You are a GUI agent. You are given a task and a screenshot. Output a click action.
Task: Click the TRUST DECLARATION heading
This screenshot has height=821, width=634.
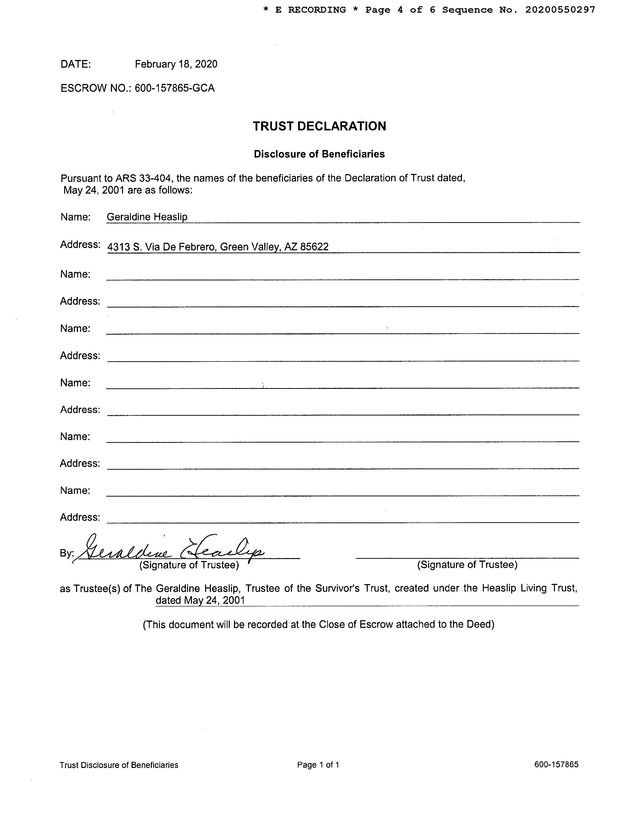coord(319,126)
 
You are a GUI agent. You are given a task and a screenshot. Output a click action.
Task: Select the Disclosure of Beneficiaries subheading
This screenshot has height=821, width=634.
coord(319,154)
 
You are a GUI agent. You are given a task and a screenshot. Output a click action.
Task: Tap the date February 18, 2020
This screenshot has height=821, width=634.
coord(176,64)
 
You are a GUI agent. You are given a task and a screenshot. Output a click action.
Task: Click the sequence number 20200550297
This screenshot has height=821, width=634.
coord(560,10)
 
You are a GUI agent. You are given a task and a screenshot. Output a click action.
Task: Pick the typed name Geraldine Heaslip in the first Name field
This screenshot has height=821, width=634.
coord(147,217)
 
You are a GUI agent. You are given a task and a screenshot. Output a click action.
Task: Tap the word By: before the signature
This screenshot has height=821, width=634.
coord(67,553)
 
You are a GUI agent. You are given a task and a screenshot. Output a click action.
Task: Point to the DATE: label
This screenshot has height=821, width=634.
coord(76,64)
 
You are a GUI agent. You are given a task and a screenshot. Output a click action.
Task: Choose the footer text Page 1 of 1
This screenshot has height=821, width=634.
coord(318,765)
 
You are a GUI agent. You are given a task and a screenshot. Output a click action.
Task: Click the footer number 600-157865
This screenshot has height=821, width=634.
coord(556,764)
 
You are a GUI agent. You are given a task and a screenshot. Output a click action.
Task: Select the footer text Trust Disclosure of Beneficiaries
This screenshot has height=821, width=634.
coord(119,765)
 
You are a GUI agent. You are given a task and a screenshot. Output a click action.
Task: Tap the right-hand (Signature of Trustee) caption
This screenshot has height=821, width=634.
coord(467,565)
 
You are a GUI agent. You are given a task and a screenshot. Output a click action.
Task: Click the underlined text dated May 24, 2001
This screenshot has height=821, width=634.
coord(200,600)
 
